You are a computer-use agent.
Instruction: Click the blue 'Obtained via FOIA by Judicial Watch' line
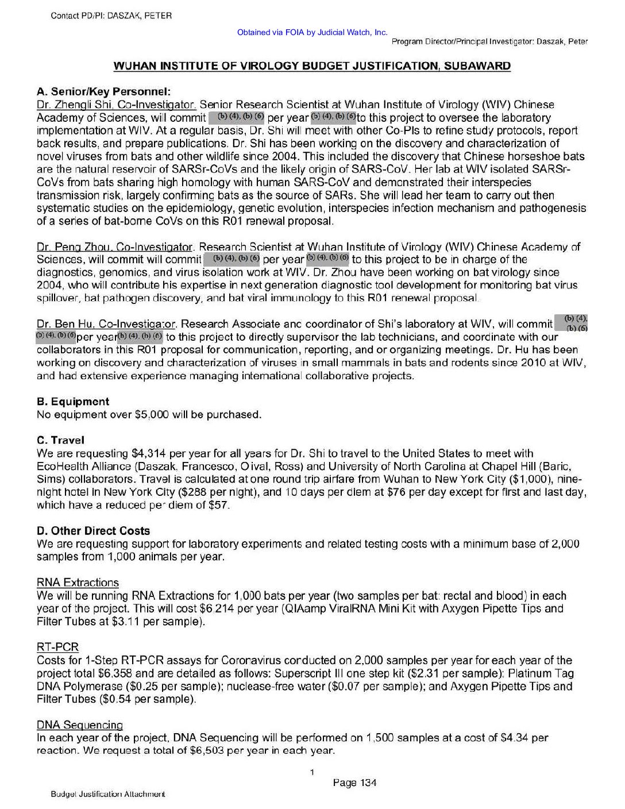point(312,33)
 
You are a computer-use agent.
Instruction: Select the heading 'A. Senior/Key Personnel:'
point(103,91)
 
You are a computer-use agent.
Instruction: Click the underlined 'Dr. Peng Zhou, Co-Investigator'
point(115,247)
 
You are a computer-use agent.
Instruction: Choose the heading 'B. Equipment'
point(72,402)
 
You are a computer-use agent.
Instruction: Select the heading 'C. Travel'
point(60,440)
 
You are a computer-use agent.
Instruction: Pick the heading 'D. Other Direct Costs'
point(93,531)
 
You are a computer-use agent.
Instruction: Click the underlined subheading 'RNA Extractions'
point(78,583)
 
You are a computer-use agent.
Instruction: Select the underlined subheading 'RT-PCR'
point(57,648)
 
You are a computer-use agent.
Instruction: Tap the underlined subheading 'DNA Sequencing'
point(80,725)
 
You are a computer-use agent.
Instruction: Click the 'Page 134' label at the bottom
point(354,783)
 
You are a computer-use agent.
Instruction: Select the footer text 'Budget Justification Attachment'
point(107,795)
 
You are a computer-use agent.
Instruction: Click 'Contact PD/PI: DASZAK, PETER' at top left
point(111,16)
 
